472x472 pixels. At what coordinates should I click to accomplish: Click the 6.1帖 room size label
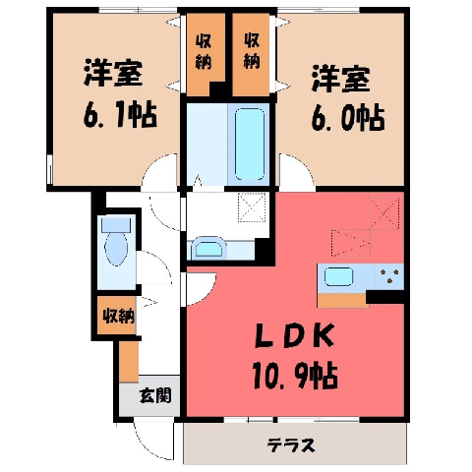click(x=120, y=116)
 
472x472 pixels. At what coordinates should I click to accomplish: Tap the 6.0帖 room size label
click(x=347, y=118)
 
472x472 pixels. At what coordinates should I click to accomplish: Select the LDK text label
click(x=295, y=336)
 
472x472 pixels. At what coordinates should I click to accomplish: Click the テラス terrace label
click(x=291, y=444)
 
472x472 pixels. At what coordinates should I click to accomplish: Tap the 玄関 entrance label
click(x=155, y=395)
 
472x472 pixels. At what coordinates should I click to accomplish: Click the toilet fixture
click(x=116, y=242)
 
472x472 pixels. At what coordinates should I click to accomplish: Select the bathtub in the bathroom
click(x=250, y=145)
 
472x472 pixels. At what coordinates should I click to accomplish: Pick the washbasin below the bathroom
click(x=208, y=248)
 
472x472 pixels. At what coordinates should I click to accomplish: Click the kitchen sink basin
click(x=338, y=276)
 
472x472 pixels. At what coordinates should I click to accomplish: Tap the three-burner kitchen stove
click(x=389, y=276)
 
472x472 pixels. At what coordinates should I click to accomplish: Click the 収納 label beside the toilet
click(x=119, y=316)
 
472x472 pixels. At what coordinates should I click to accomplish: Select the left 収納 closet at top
click(x=204, y=52)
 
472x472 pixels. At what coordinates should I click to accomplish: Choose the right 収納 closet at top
click(x=252, y=52)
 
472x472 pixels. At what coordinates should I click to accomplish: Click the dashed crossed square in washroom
click(x=252, y=207)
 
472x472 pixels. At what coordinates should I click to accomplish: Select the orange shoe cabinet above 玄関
click(x=129, y=362)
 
